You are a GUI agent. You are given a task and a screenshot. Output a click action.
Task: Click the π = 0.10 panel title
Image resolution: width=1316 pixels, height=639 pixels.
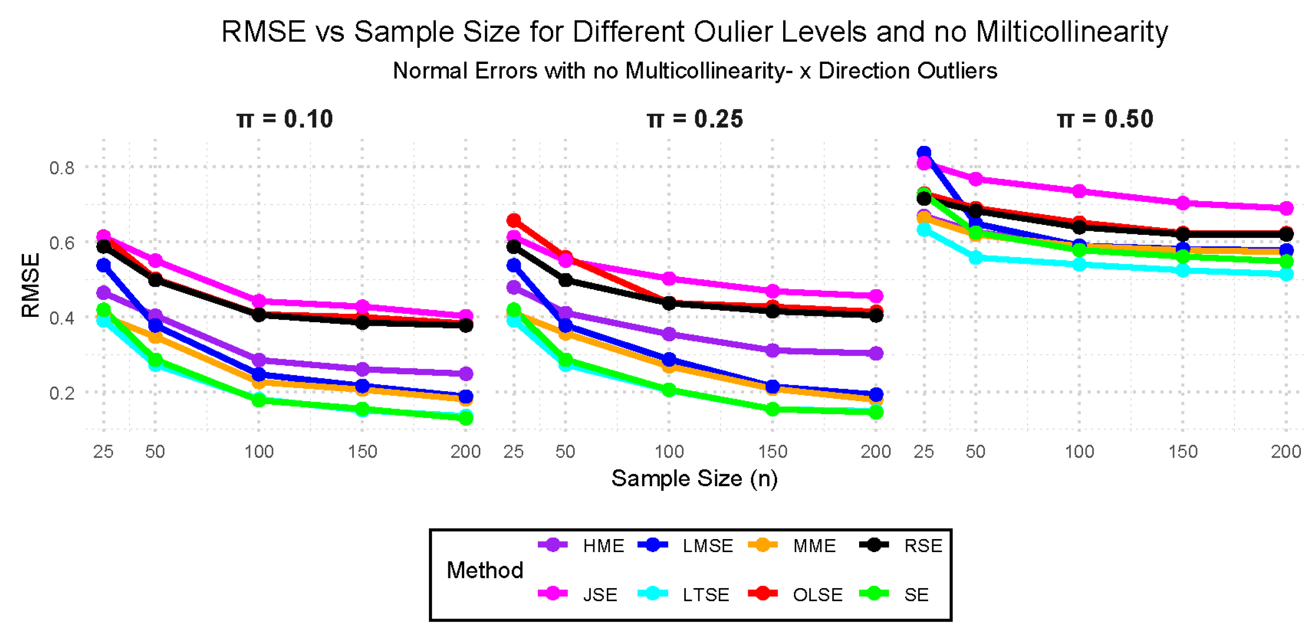click(x=284, y=119)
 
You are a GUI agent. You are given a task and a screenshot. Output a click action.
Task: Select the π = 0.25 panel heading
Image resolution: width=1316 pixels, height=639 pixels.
click(x=695, y=119)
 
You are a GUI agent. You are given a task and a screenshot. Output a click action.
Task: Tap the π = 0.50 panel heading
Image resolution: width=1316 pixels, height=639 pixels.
click(x=1105, y=119)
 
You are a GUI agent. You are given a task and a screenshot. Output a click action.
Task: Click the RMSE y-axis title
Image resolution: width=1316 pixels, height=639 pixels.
click(x=30, y=286)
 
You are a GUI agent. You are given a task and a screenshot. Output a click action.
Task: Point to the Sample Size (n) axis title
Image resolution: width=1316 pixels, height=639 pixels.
click(x=694, y=479)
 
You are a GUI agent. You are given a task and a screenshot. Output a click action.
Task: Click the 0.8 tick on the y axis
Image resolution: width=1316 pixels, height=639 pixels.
click(x=62, y=167)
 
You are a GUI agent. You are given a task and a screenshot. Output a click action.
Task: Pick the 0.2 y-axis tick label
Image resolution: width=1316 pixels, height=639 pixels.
click(x=62, y=393)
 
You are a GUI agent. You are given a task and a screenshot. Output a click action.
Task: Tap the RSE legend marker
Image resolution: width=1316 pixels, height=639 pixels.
click(x=874, y=545)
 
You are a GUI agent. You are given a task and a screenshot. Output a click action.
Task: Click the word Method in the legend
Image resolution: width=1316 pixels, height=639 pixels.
click(x=485, y=570)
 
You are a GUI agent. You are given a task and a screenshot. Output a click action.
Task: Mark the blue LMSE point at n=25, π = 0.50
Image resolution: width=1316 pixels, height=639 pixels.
click(x=924, y=153)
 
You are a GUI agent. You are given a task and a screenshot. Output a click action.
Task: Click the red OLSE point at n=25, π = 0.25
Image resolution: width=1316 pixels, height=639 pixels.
click(x=513, y=221)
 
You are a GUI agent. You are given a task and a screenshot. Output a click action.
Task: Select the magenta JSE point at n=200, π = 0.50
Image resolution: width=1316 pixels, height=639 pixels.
click(x=1287, y=208)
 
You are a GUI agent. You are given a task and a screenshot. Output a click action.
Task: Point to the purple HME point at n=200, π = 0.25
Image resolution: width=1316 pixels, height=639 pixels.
click(x=876, y=353)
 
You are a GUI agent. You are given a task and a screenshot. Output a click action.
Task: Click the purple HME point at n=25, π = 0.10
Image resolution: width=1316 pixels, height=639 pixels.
click(x=103, y=293)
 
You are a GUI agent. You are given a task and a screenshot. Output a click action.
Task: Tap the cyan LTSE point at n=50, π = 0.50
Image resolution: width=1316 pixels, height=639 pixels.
click(x=976, y=258)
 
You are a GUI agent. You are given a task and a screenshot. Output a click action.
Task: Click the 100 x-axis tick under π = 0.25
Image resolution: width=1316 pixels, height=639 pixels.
click(x=669, y=452)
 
